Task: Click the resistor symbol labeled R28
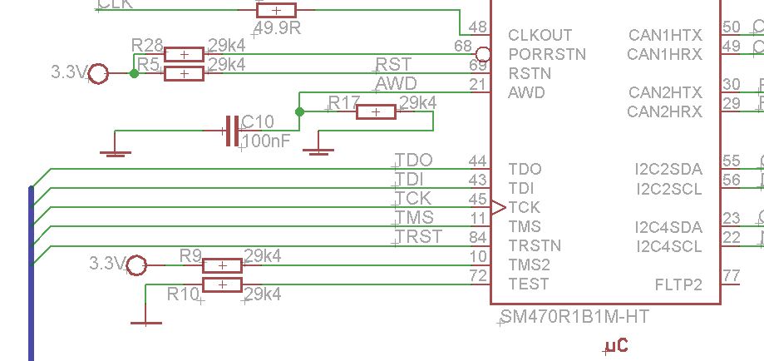(x=184, y=55)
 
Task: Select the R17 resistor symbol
(x=376, y=111)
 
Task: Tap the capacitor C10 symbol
(x=232, y=131)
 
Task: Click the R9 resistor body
(x=222, y=265)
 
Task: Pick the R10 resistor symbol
(x=222, y=285)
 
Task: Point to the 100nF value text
(x=268, y=141)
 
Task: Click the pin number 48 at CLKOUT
(x=477, y=27)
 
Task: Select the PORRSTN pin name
(x=546, y=54)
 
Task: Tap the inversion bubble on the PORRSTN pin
(x=486, y=54)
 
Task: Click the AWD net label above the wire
(x=396, y=84)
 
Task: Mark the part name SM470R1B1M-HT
(x=574, y=317)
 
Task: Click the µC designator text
(x=616, y=345)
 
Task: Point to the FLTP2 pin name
(x=678, y=284)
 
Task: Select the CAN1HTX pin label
(x=665, y=35)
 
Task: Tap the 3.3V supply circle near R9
(x=136, y=265)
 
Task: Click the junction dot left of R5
(x=134, y=74)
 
